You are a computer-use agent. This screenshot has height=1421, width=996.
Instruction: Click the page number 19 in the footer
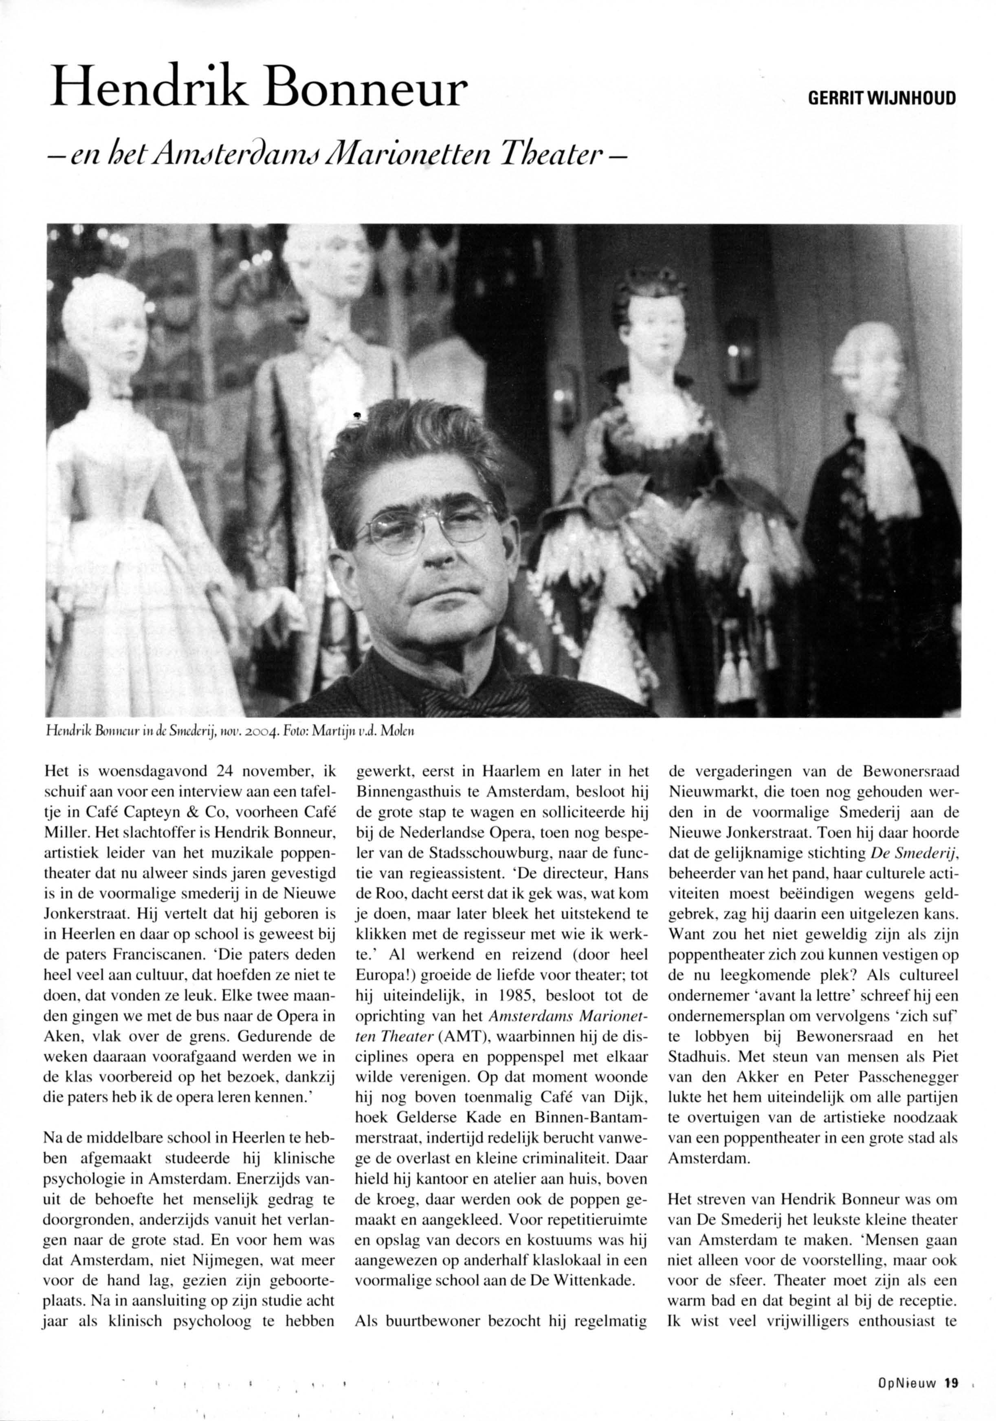952,1396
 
